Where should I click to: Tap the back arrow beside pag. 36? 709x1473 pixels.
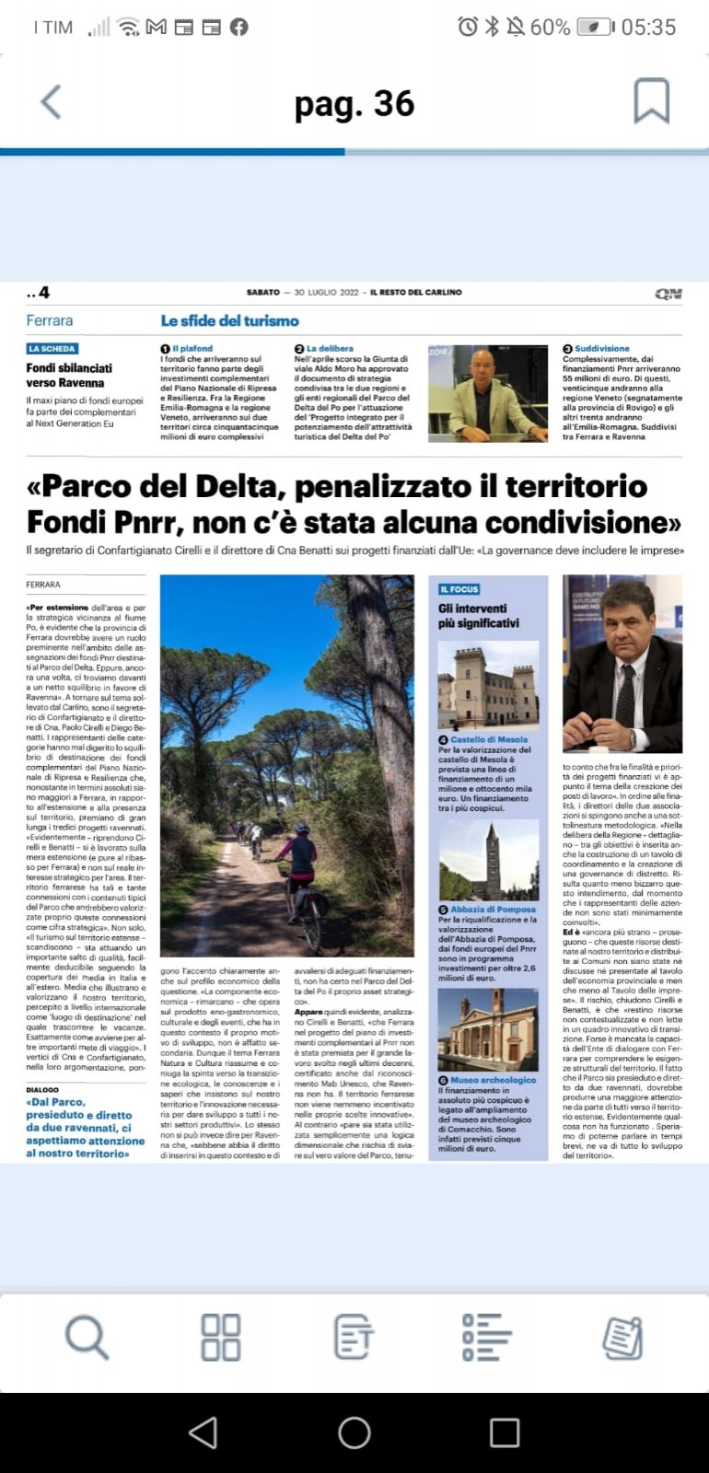click(52, 102)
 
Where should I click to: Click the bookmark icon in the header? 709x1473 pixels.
click(650, 101)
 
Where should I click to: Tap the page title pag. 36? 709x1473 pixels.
click(354, 104)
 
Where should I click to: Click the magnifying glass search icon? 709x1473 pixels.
click(87, 1337)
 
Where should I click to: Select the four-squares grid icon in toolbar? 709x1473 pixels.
click(221, 1337)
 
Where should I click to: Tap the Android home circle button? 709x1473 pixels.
click(354, 1432)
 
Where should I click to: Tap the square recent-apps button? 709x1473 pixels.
click(504, 1432)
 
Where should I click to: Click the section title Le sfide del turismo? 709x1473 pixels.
click(229, 320)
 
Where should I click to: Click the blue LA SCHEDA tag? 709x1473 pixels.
click(52, 349)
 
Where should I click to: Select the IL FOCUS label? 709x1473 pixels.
click(459, 589)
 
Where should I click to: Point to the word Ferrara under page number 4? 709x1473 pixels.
click(50, 320)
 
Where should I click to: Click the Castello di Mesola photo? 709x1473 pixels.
click(488, 685)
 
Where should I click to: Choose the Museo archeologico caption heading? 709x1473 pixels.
click(493, 1080)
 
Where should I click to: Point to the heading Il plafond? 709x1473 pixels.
click(192, 349)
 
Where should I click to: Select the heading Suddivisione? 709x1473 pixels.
click(601, 349)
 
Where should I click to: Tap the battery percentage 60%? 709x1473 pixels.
click(550, 28)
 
